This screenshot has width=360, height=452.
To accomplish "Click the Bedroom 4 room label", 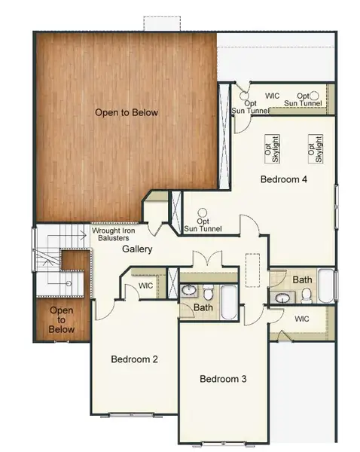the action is pyautogui.click(x=284, y=179).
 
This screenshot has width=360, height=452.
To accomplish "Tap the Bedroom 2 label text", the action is pyautogui.click(x=134, y=359).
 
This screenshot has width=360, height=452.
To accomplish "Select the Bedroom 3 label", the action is pyautogui.click(x=223, y=379).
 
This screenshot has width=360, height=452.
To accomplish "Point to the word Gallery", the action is pyautogui.click(x=137, y=249).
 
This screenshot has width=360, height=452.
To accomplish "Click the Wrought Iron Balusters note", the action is pyautogui.click(x=113, y=234).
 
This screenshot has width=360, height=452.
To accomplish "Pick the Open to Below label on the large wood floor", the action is pyautogui.click(x=127, y=112).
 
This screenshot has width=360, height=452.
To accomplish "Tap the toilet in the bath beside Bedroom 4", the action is pyautogui.click(x=307, y=296).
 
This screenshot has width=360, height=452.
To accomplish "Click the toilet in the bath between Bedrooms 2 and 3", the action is pyautogui.click(x=207, y=292).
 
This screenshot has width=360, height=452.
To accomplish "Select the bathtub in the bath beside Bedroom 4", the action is pyautogui.click(x=325, y=286).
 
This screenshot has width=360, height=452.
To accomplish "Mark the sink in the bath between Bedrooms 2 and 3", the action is pyautogui.click(x=188, y=291).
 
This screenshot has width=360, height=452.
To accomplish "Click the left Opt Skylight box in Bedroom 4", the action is pyautogui.click(x=272, y=149).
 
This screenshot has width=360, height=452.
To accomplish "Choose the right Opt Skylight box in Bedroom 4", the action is pyautogui.click(x=316, y=149).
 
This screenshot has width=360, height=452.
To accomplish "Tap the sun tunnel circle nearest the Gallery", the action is pyautogui.click(x=203, y=212).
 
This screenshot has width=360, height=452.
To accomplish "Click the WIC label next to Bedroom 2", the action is pyautogui.click(x=146, y=286).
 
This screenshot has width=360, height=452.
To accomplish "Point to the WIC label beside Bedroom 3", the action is pyautogui.click(x=302, y=319).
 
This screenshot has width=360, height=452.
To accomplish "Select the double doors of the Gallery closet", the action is pyautogui.click(x=208, y=258).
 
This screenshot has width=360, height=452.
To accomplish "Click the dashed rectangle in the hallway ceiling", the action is pyautogui.click(x=252, y=270).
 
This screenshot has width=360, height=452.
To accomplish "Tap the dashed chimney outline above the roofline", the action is pyautogui.click(x=162, y=23).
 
